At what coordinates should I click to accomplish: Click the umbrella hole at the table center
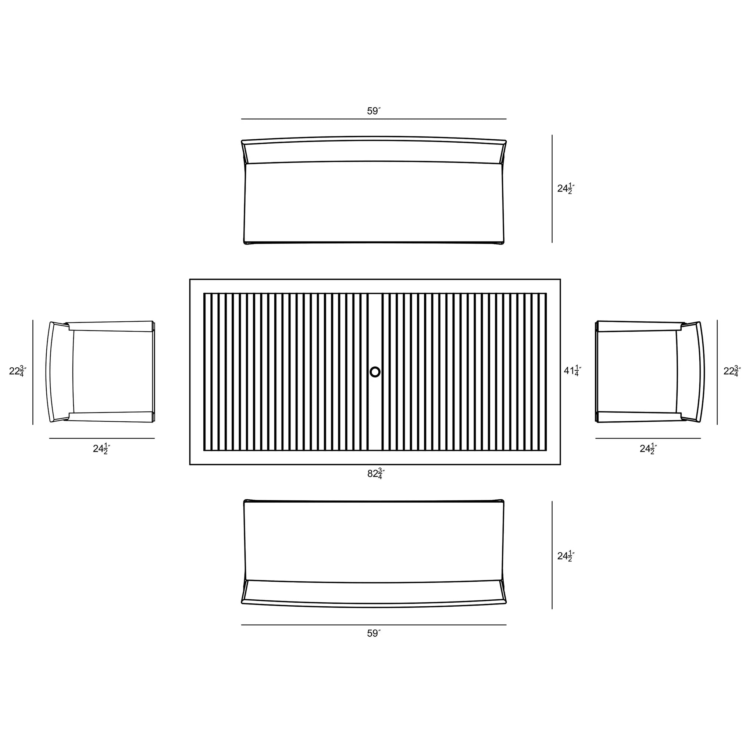pyautogui.click(x=375, y=372)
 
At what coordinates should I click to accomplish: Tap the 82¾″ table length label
pyautogui.click(x=376, y=474)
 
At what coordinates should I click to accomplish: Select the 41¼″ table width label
pyautogui.click(x=572, y=371)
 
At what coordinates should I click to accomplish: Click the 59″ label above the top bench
pyautogui.click(x=374, y=111)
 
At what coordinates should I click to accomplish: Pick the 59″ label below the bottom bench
pyautogui.click(x=374, y=634)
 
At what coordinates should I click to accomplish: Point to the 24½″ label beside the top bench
pyautogui.click(x=566, y=189)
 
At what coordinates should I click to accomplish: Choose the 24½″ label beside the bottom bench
pyautogui.click(x=566, y=556)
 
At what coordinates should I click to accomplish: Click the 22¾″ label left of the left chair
pyautogui.click(x=18, y=371)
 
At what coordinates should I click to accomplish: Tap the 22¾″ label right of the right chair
pyautogui.click(x=732, y=371)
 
